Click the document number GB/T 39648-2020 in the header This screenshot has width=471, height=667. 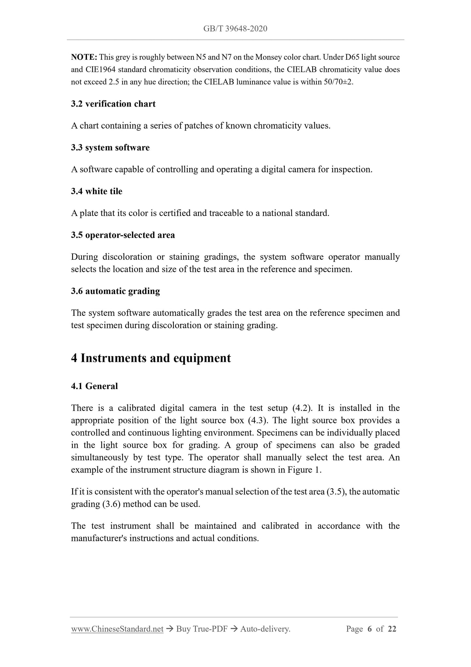pyautogui.click(x=235, y=29)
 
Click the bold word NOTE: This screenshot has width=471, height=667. pyautogui.click(x=84, y=57)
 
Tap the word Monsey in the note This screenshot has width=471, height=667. pyautogui.click(x=267, y=57)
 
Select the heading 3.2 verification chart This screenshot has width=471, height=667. pyautogui.click(x=113, y=104)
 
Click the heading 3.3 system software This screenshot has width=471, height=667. pyautogui.click(x=110, y=148)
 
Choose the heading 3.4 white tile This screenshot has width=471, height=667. pyautogui.click(x=96, y=192)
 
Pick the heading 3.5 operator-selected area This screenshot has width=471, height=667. pyautogui.click(x=123, y=235)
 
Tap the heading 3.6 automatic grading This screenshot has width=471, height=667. pyautogui.click(x=115, y=291)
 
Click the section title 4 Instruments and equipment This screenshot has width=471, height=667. pyautogui.click(x=151, y=358)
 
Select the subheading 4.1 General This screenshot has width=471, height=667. pyautogui.click(x=94, y=386)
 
